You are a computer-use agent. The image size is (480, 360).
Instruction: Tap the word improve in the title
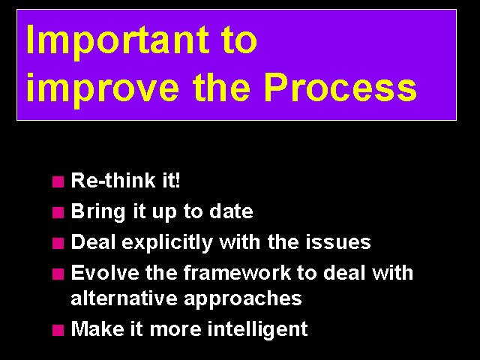[x=103, y=90]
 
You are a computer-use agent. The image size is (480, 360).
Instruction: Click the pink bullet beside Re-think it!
[x=58, y=181]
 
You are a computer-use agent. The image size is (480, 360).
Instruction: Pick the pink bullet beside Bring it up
[x=58, y=212]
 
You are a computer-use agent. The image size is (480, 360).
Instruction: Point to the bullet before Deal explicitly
[x=58, y=243]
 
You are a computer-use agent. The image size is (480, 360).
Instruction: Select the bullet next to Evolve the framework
[x=58, y=274]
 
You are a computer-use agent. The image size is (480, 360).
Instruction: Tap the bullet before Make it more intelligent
[x=58, y=330]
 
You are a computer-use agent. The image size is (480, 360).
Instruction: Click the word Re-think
[x=113, y=180]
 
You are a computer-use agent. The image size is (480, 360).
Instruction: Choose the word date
[x=231, y=211]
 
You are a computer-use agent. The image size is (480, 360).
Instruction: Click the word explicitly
[x=167, y=243]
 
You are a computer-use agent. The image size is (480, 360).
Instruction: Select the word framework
[x=237, y=272]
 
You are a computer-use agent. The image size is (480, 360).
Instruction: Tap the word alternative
[x=124, y=298]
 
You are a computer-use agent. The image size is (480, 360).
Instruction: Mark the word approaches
[x=243, y=300]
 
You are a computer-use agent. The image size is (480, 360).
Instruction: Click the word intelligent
[x=257, y=330]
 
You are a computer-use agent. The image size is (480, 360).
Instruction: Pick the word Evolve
[x=105, y=272]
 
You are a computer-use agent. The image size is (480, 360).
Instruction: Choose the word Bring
[x=98, y=212]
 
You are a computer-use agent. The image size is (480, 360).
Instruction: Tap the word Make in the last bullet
[x=97, y=328]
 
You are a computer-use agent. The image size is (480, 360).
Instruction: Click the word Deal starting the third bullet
[x=93, y=241]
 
